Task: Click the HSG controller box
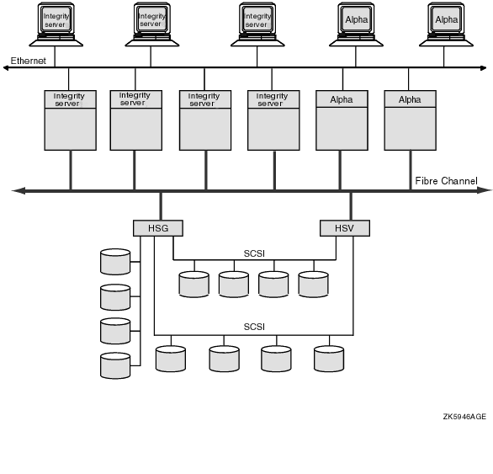(158, 228)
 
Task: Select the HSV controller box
(345, 228)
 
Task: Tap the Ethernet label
(29, 61)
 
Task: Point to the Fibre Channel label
(446, 181)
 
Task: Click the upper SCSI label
(254, 253)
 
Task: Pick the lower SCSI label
(254, 327)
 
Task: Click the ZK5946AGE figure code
(464, 417)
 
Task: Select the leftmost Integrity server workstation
(56, 24)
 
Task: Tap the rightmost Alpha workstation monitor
(446, 19)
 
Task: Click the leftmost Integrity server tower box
(70, 120)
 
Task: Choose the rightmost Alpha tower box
(410, 120)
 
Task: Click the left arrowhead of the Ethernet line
(5, 67)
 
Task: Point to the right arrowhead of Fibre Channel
(485, 190)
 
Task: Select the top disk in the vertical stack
(115, 262)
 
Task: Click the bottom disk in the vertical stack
(115, 365)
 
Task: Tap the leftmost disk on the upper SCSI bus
(194, 285)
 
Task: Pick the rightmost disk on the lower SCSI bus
(329, 359)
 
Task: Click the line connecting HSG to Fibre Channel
(161, 206)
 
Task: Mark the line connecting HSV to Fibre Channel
(351, 206)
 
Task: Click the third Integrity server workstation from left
(257, 24)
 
